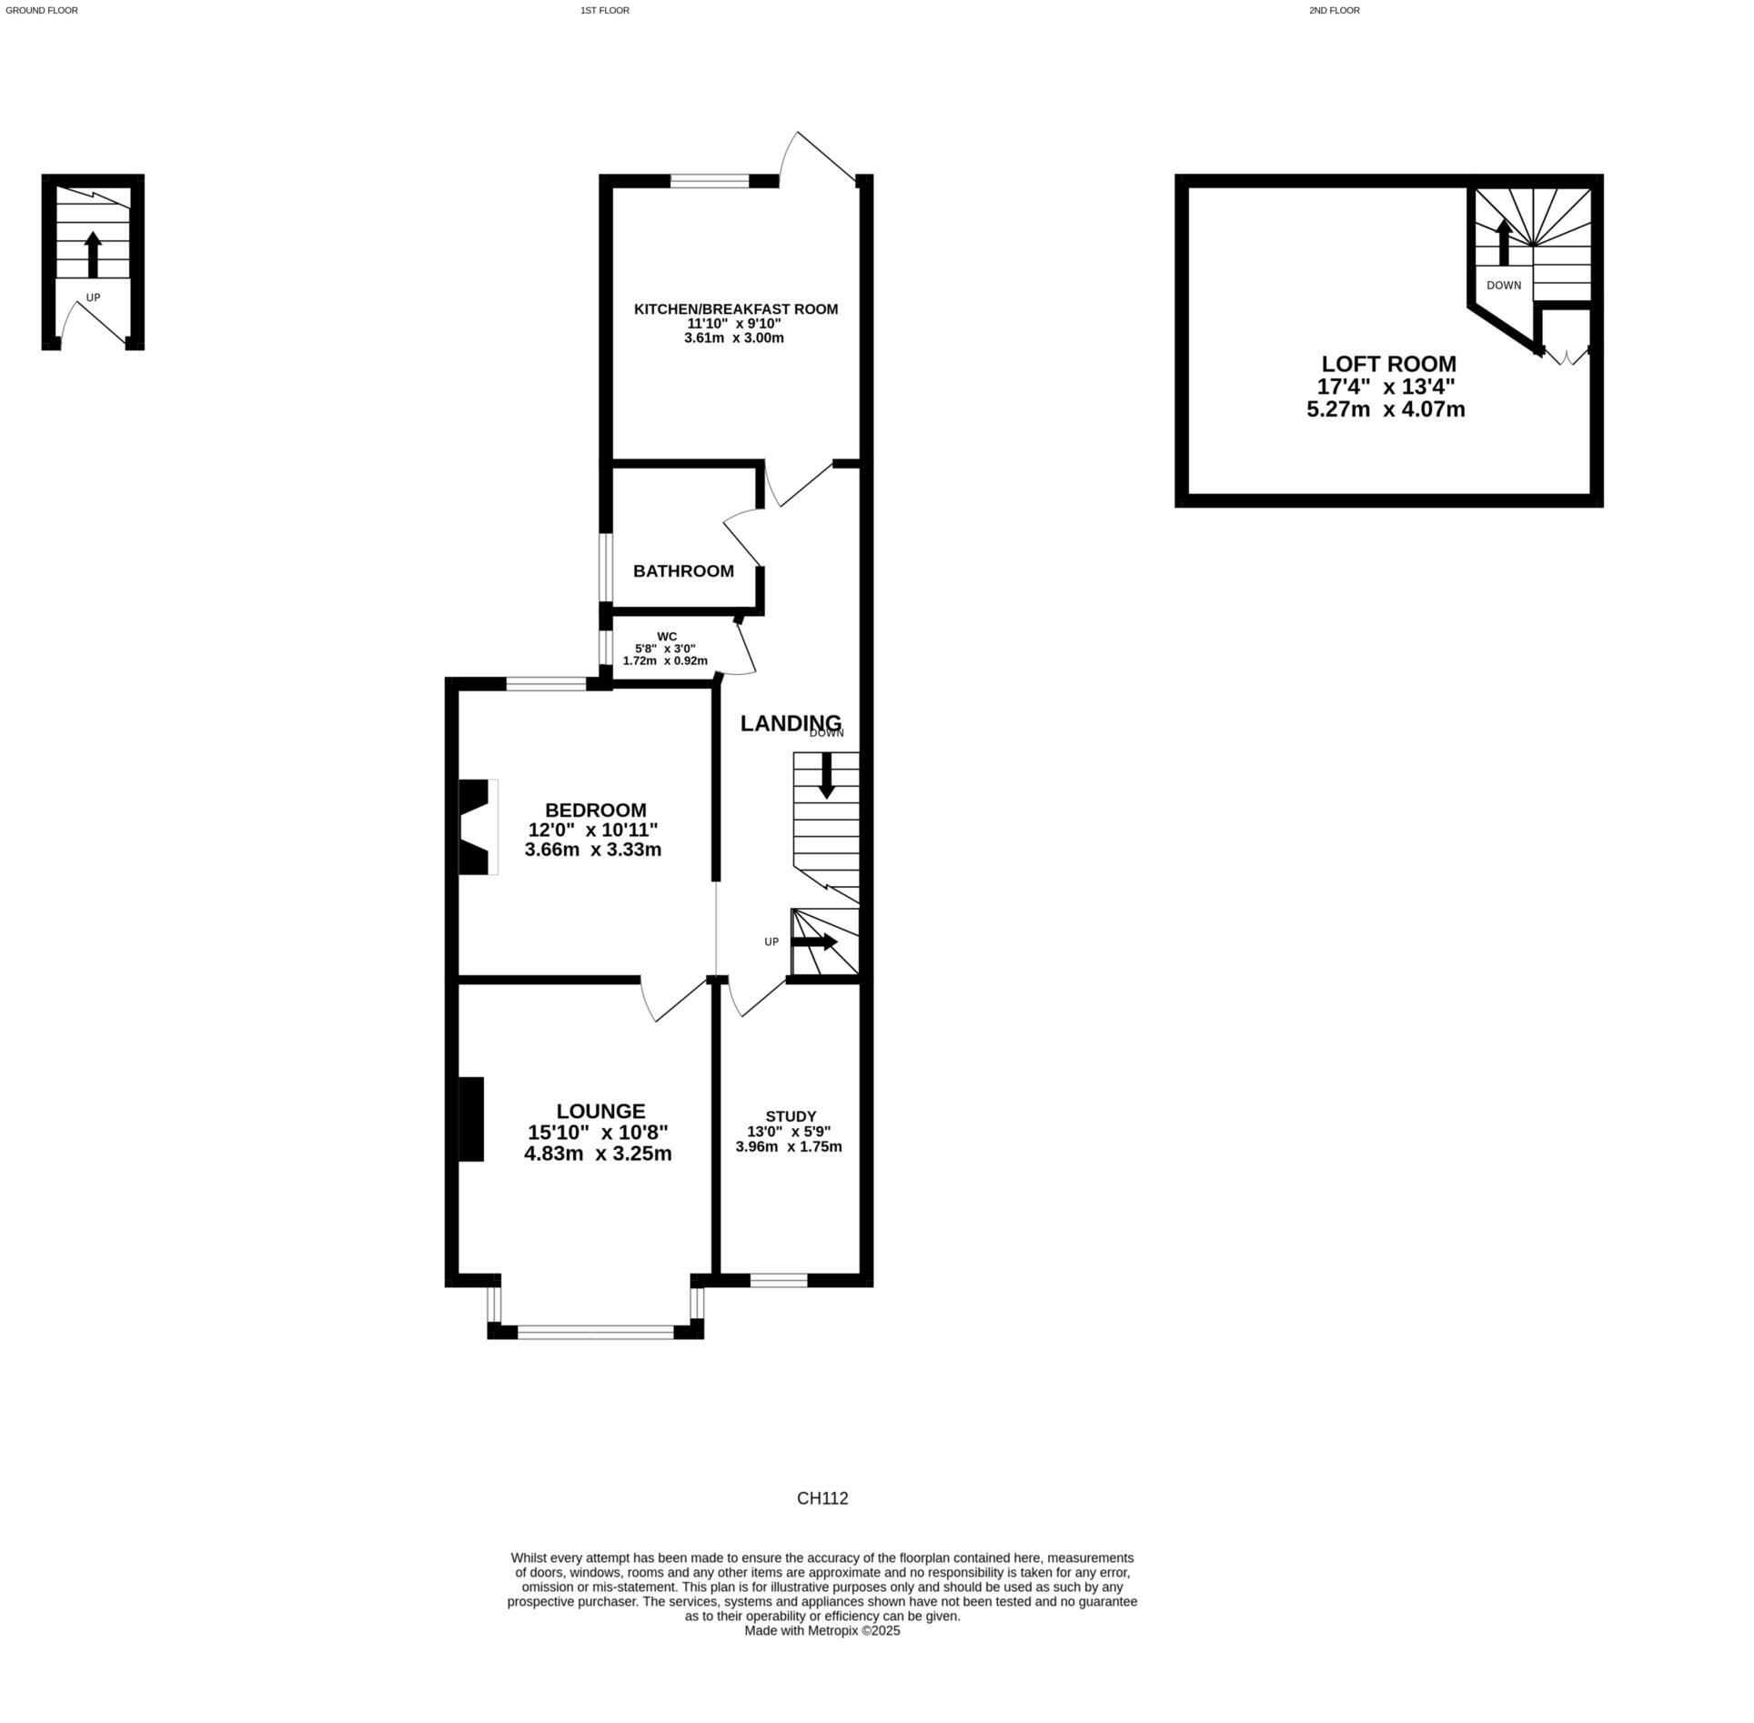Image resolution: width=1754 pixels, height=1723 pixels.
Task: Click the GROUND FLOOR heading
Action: tap(42, 11)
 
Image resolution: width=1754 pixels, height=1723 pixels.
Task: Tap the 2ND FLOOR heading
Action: tap(1334, 11)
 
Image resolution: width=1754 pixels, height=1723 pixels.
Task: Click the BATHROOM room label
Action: tap(683, 571)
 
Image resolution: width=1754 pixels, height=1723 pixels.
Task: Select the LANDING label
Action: tap(790, 723)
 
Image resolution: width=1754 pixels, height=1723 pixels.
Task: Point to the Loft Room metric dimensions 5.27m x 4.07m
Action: tap(1386, 409)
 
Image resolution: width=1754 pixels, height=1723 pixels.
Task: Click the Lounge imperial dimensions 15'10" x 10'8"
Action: tap(598, 1133)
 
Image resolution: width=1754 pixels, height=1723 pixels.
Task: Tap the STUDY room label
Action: tap(790, 1116)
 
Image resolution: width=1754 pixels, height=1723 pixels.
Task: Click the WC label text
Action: tap(667, 636)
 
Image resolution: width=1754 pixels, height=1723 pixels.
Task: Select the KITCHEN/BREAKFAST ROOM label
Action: tap(735, 309)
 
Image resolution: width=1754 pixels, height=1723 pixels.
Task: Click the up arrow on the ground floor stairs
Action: tap(93, 254)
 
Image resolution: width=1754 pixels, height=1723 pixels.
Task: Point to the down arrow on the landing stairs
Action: tap(826, 777)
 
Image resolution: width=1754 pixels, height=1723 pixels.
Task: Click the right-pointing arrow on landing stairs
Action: tap(815, 942)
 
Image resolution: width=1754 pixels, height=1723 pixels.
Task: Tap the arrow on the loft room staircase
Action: tap(1504, 242)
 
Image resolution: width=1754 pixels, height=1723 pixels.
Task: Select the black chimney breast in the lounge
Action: tap(470, 1119)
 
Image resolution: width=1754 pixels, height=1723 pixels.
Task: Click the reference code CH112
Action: tap(822, 1498)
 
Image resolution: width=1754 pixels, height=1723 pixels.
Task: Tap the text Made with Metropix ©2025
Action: tap(822, 1631)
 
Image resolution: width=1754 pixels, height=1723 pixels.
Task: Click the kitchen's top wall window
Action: tap(710, 181)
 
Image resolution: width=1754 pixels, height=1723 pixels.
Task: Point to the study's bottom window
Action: tap(779, 1281)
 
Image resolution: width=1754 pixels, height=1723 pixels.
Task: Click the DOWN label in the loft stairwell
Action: tap(1503, 286)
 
